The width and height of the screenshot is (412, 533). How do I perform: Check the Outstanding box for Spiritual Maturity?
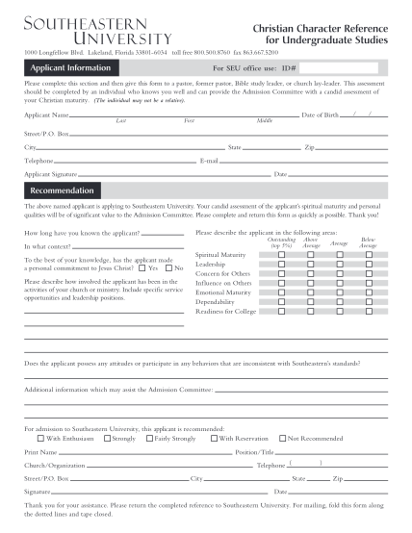tap(282, 254)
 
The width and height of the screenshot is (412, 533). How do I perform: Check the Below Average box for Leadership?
tap(368, 264)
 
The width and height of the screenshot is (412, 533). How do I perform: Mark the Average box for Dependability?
tap(339, 302)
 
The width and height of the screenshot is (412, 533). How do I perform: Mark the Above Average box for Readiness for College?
tap(311, 312)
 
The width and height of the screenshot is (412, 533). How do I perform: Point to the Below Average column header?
tap(368, 242)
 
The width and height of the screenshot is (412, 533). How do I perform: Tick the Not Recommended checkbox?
tap(281, 438)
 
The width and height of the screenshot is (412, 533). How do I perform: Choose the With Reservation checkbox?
tap(212, 438)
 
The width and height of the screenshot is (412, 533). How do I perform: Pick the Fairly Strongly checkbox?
tap(147, 438)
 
